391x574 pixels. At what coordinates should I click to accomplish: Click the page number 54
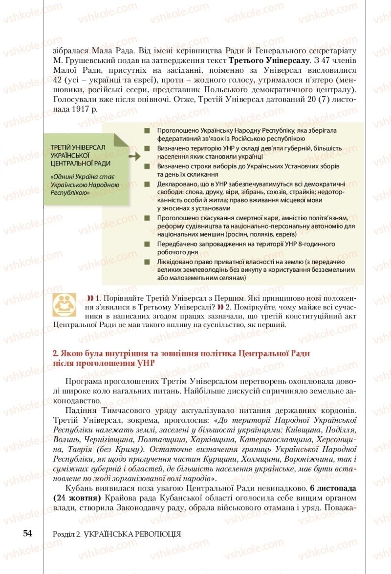pos(27,533)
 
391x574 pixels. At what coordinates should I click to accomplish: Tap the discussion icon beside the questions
pos(64,305)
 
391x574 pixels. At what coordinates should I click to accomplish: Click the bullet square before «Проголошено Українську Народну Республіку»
pos(147,131)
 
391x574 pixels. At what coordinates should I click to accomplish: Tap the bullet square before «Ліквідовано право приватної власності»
pos(147,262)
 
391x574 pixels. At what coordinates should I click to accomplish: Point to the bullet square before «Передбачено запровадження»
pos(147,244)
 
